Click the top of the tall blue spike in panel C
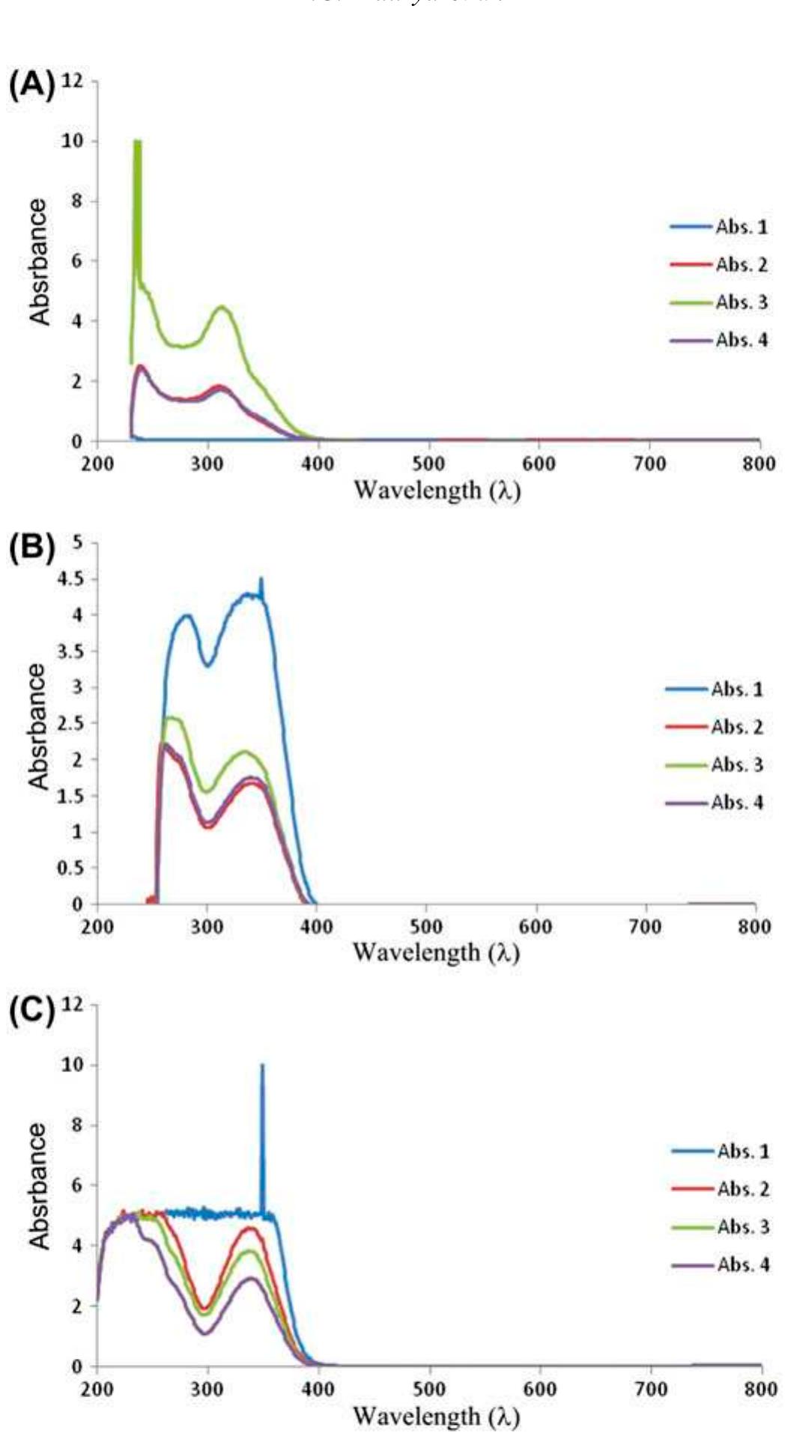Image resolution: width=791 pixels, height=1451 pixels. click(262, 1066)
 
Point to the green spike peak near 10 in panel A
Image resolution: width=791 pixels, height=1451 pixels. click(137, 142)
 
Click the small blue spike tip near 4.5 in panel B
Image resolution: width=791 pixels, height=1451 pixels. click(261, 580)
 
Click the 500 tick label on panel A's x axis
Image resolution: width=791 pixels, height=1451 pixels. click(428, 463)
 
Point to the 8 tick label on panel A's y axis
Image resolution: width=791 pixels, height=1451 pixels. click(76, 201)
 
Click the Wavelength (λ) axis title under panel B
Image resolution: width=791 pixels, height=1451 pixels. click(436, 952)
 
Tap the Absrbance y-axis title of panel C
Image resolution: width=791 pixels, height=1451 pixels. click(39, 1186)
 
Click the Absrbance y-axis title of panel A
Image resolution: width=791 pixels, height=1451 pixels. click(39, 262)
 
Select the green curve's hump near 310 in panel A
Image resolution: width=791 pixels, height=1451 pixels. click(222, 307)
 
